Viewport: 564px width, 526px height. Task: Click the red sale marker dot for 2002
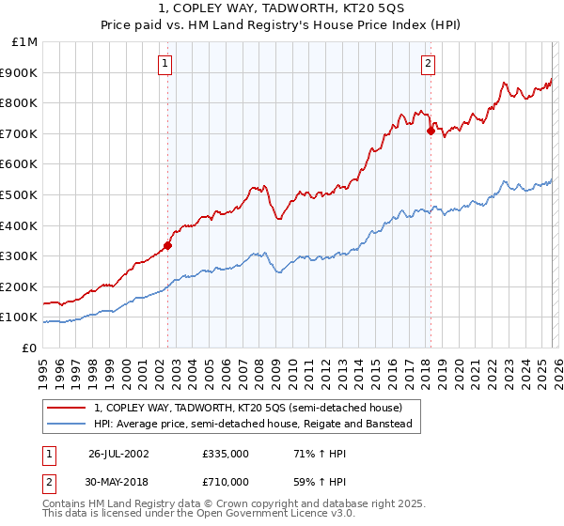(x=168, y=246)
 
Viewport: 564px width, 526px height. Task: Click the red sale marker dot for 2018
(x=431, y=131)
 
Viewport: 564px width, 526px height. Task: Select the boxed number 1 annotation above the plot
(x=164, y=64)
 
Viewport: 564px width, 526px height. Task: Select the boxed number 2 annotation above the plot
(x=428, y=64)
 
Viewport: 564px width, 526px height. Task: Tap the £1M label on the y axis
(x=25, y=42)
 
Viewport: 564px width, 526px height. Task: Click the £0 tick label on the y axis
(x=29, y=348)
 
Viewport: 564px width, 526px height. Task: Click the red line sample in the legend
(x=67, y=408)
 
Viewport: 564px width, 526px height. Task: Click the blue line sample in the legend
(x=67, y=424)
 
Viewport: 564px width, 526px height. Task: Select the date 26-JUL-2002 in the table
(x=119, y=454)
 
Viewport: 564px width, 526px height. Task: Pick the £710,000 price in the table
(x=225, y=482)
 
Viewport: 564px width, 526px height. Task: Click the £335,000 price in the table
(x=225, y=454)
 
